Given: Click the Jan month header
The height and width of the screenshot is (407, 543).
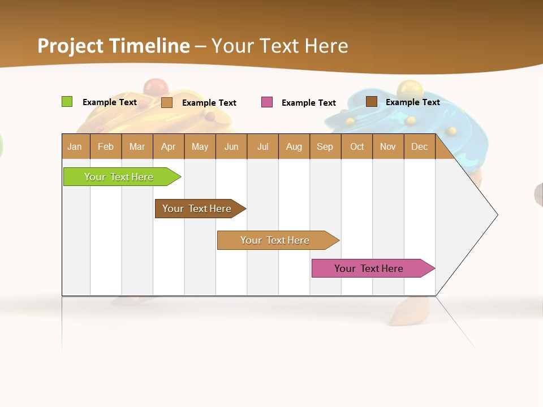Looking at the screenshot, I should (75, 147).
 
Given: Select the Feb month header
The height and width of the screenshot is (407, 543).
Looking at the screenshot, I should (106, 147).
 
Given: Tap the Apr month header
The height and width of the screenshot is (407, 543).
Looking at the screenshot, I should (169, 147).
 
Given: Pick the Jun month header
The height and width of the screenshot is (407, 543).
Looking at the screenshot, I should (231, 147).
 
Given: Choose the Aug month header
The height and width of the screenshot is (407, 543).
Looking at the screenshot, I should (294, 147).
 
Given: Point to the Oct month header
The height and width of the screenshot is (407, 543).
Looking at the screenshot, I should (357, 147).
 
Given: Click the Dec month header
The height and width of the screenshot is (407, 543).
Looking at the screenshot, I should (420, 147).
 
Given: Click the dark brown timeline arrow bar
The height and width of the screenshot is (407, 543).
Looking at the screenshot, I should (198, 209).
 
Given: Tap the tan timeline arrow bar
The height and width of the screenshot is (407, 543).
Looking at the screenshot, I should (276, 240).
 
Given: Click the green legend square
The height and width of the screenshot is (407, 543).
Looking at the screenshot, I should (67, 102).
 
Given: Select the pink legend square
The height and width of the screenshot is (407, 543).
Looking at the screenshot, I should (267, 102).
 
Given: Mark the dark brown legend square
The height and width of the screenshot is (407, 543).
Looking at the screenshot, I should (372, 102).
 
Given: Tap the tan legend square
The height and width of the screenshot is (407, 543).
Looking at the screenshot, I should (167, 102).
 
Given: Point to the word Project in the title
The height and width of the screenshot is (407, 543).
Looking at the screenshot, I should (70, 46).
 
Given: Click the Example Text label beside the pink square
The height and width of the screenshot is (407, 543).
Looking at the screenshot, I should (309, 103).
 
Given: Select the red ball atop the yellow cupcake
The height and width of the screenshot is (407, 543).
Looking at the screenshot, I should (155, 87).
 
